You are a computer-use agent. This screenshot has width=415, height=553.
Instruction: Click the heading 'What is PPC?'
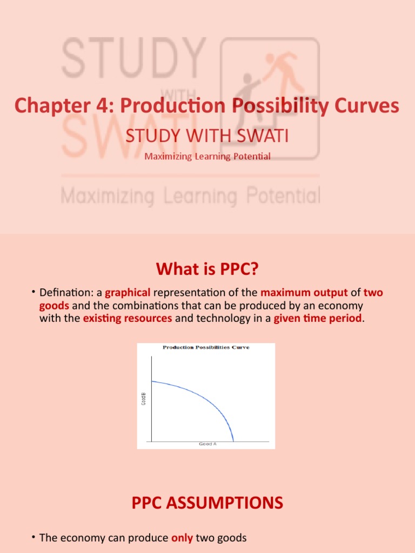click(207, 268)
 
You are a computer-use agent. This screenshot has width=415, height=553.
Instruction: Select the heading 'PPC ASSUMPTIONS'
click(207, 503)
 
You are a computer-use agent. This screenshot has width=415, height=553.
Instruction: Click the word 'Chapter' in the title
click(44, 106)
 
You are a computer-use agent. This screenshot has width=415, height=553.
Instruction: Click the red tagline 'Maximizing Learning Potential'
click(207, 157)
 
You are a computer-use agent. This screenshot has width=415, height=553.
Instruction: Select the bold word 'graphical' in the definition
click(128, 293)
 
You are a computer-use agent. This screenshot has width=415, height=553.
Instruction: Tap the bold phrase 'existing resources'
click(128, 319)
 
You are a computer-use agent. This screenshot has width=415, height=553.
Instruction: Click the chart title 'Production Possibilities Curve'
click(206, 347)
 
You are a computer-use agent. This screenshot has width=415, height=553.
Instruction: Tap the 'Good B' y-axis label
click(144, 402)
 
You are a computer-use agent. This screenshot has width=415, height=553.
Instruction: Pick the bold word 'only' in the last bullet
click(182, 538)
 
